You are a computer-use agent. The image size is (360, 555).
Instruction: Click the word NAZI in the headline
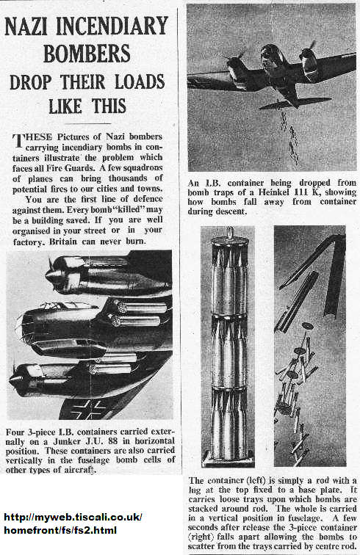point(28,26)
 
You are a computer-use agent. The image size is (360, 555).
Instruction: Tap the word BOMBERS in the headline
point(87,54)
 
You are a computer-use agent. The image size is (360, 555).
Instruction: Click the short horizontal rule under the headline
point(88,123)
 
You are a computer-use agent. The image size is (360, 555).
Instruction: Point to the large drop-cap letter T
point(18,139)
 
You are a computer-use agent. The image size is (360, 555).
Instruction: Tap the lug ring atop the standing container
point(230,232)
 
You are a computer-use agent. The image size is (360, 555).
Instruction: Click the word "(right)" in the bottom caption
point(201,537)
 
